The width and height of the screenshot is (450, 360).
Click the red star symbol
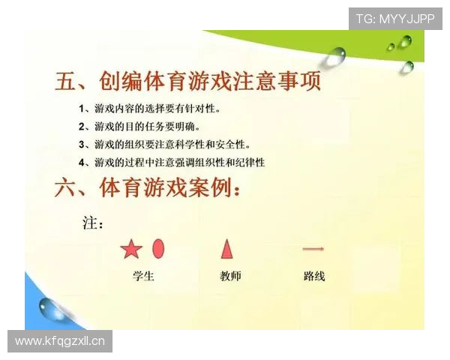coord(131,249)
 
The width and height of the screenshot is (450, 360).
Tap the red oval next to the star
coord(158,248)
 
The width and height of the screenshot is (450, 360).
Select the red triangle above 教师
coord(226,248)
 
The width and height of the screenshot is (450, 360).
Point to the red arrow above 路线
coord(313,248)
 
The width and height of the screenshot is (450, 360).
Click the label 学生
coord(142,276)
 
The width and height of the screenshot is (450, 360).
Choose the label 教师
coord(231,276)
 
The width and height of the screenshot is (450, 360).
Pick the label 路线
coord(314,276)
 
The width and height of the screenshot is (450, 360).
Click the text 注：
coord(92,223)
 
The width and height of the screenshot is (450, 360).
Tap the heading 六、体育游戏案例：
coord(148,187)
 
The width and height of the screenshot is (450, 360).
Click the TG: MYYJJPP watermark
coord(395,19)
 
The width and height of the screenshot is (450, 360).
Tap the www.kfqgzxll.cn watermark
coord(60,342)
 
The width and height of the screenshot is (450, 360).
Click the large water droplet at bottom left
coord(53,307)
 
